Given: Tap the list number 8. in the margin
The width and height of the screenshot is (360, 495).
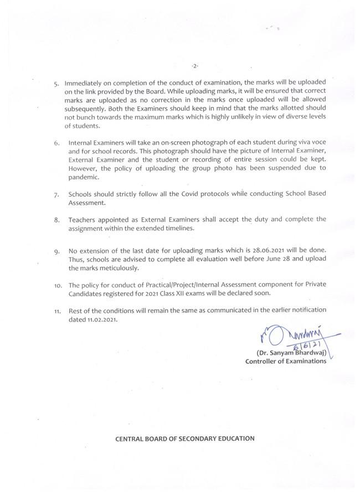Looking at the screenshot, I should (56, 220).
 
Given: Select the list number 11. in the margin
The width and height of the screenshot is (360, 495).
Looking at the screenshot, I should (57, 312).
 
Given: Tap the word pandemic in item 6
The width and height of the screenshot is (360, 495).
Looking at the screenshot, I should (83, 177).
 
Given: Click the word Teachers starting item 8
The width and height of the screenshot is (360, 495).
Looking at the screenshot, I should (84, 219).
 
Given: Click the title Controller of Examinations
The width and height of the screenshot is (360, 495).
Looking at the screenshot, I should (286, 362).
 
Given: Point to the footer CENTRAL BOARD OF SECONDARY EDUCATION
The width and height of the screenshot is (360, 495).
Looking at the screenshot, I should (184, 439).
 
